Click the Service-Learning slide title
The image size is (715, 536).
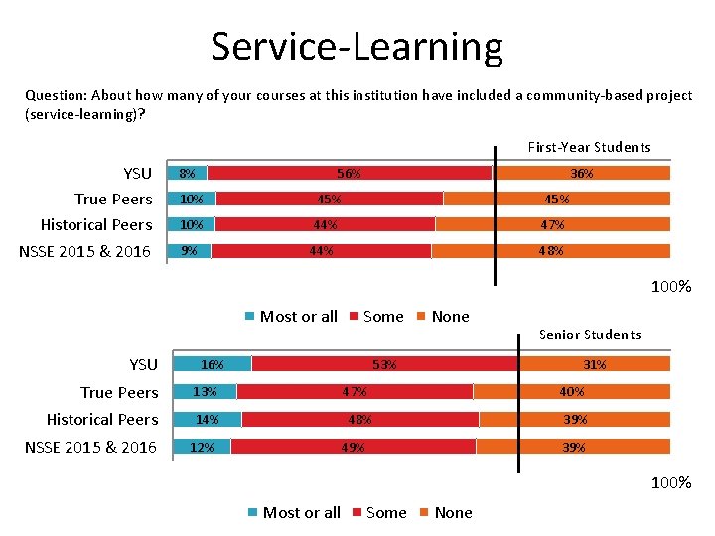click(357, 47)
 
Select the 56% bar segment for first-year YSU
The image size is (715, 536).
click(349, 173)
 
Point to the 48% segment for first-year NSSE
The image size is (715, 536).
click(551, 251)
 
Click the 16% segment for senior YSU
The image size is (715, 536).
click(213, 364)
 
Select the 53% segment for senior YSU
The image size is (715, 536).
click(384, 364)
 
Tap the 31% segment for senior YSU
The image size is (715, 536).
click(594, 364)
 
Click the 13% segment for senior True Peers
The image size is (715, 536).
click(206, 391)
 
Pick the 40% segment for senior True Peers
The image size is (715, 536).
click(572, 391)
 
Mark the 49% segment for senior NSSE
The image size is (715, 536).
click(353, 447)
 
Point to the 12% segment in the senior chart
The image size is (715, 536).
click(202, 447)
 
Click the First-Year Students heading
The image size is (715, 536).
click(589, 147)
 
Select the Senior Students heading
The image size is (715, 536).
click(589, 335)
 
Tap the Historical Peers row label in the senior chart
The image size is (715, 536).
click(102, 419)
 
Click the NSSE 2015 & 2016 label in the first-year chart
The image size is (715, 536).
click(85, 251)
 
